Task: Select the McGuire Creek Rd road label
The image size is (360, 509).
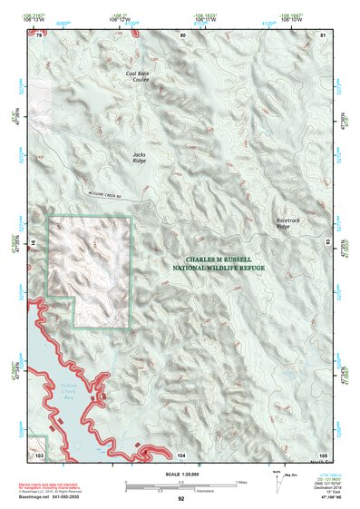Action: coord(113,197)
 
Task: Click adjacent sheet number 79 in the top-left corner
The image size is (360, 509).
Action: coord(39,34)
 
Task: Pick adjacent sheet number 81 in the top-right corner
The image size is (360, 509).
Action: coord(322,34)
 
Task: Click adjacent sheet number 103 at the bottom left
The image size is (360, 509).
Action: coord(39,452)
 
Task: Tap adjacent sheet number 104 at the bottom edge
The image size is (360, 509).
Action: coord(181,453)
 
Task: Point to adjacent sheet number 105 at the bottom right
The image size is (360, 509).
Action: coord(322,453)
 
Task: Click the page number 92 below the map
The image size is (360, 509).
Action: coord(181,498)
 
